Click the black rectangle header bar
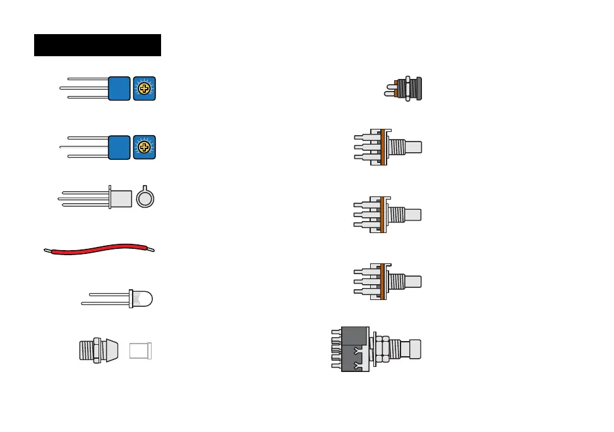tap(97, 45)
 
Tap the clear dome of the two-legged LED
tap(144, 299)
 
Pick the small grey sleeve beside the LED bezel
tap(141, 351)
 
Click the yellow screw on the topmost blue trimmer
tap(145, 88)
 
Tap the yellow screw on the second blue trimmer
tap(145, 147)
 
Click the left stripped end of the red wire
tap(47, 251)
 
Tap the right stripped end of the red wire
tap(151, 249)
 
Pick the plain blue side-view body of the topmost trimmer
tap(119, 88)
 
